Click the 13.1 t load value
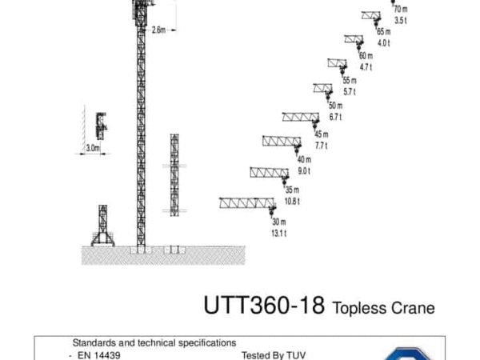coord(279,234)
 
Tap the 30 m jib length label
coord(279,222)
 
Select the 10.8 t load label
coord(292,202)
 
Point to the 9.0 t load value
coord(304,171)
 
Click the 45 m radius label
coord(322,134)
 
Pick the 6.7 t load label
coord(335,117)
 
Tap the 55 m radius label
coord(350,81)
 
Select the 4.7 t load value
coord(366,67)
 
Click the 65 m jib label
coord(383,31)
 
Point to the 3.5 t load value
coord(401,21)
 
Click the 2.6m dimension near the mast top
coord(158,30)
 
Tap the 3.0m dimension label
coord(93,148)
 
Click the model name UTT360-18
coord(264,305)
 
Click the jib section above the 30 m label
coord(246,203)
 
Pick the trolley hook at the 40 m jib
coord(297,149)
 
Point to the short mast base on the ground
coord(103,226)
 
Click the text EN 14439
coord(99,355)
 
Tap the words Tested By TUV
coord(274,355)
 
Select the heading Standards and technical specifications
coord(154,343)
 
